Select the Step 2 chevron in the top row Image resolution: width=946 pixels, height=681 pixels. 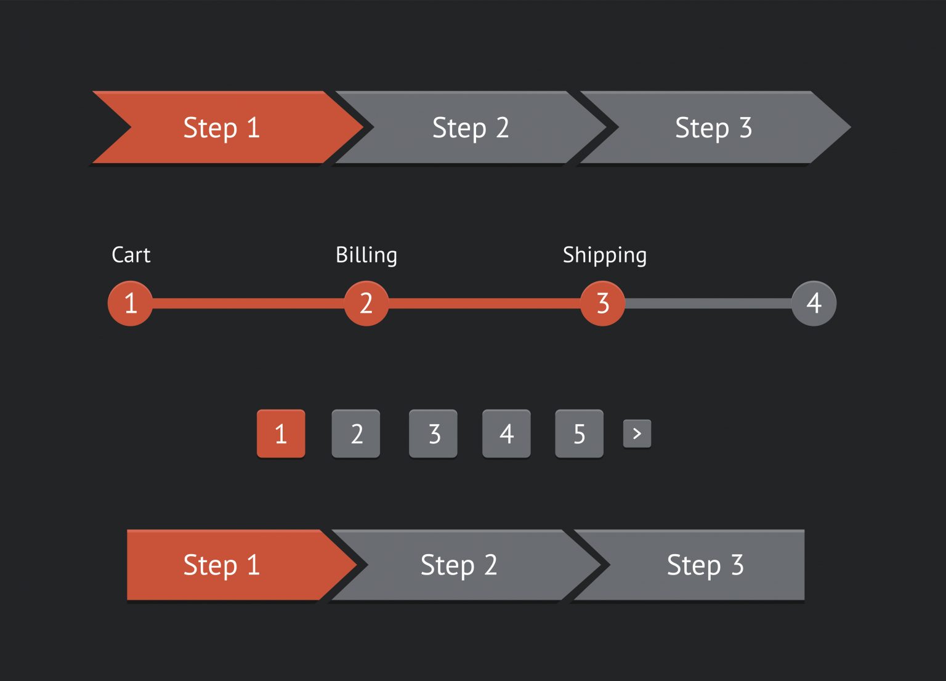point(471,127)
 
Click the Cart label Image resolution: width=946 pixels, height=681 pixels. point(131,255)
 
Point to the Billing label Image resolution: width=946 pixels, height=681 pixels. point(366,255)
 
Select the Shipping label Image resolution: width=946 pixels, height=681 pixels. point(605,255)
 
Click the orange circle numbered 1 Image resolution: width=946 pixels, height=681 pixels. point(131,304)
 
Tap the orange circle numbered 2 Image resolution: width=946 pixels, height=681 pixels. point(366,304)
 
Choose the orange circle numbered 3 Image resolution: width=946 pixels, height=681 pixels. point(603,304)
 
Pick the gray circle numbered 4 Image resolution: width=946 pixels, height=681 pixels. point(814,304)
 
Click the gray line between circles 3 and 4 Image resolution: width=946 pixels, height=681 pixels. point(708,304)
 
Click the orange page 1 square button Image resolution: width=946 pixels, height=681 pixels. point(281,433)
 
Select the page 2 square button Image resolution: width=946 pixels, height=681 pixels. point(356,433)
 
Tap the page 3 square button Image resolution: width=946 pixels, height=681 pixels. point(434,433)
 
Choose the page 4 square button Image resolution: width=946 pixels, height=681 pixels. point(506,433)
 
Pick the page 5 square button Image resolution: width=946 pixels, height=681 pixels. point(579,433)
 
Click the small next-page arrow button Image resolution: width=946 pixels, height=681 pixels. point(637,433)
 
